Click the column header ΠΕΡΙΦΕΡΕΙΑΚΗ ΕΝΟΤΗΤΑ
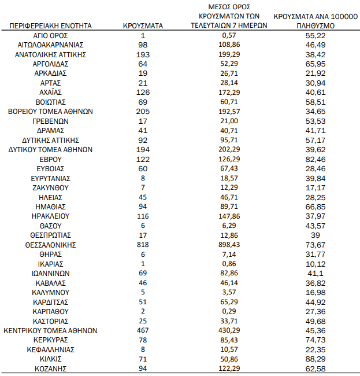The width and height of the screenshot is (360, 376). click(51, 26)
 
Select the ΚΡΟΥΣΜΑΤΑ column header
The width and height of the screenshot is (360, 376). click(143, 26)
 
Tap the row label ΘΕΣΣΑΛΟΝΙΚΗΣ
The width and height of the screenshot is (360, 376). click(51, 245)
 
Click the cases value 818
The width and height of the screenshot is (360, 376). click(143, 245)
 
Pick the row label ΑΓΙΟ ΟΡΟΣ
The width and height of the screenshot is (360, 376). click(51, 35)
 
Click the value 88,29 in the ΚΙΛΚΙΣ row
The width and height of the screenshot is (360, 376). click(316, 359)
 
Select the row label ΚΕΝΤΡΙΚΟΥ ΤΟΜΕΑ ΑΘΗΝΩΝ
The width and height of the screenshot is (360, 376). click(51, 331)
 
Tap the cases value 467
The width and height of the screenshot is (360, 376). click(143, 331)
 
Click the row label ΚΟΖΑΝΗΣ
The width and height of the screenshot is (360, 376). click(51, 368)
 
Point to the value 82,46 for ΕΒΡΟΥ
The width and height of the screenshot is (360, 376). click(316, 159)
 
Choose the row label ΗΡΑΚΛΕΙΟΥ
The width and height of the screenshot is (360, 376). click(51, 216)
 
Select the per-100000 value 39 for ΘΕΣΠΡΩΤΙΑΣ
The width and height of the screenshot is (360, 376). click(316, 235)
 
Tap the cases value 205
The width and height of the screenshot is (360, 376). click(143, 111)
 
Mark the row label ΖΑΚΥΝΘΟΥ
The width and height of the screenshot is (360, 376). click(51, 187)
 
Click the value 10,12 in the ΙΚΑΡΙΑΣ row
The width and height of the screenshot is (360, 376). click(316, 264)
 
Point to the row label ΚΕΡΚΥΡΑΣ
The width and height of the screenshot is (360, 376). click(51, 340)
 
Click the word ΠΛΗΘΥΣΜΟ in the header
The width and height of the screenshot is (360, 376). click(316, 26)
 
